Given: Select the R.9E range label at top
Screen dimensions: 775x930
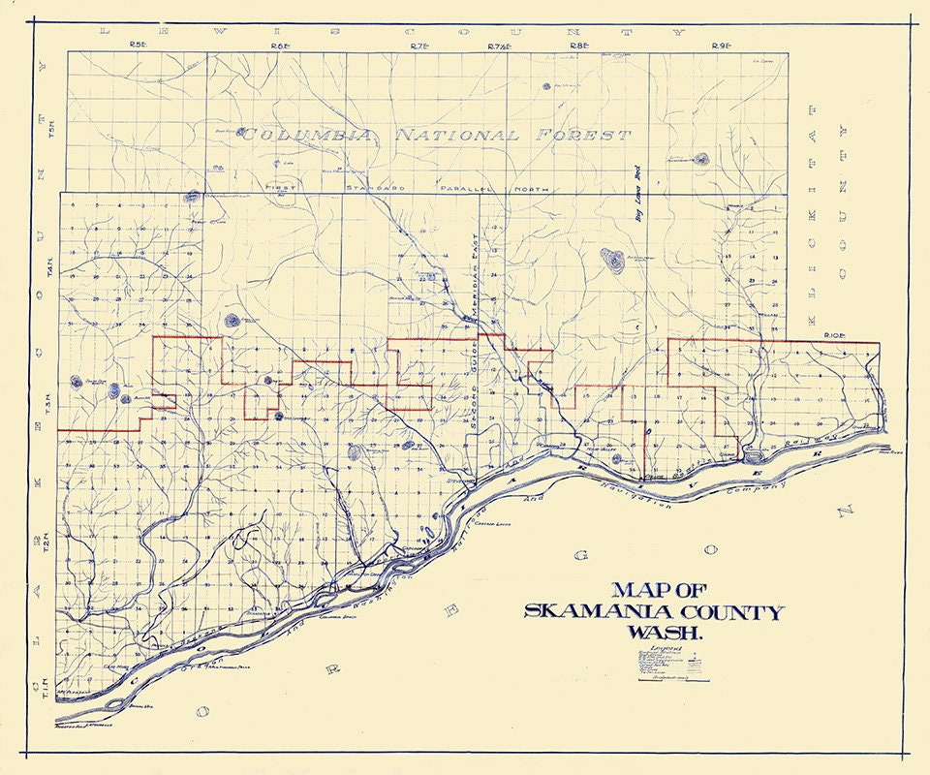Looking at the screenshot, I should coord(720,46).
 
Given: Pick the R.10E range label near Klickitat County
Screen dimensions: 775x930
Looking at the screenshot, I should coord(834,335).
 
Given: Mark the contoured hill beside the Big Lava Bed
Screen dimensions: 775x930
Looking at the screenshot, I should coord(612,259).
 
